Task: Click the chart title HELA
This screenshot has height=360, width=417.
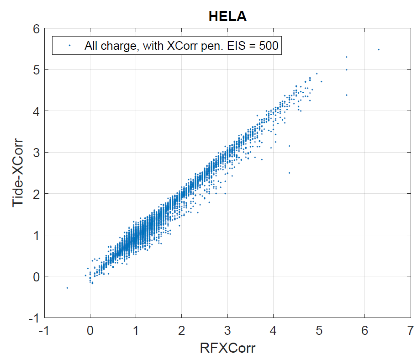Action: coord(227,16)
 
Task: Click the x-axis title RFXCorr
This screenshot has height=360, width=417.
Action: coord(227,348)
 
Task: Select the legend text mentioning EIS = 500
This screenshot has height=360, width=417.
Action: coord(181,45)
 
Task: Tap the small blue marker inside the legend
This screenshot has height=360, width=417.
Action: coord(69,45)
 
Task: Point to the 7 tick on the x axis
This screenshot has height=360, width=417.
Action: coord(410,330)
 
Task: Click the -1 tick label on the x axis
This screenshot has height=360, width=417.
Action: coord(44,330)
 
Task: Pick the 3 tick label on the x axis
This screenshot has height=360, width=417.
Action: coord(227,330)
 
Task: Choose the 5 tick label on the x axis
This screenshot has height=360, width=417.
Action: coord(319,330)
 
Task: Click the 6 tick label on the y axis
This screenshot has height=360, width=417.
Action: coord(36,29)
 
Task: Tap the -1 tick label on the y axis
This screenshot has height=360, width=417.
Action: coord(33,318)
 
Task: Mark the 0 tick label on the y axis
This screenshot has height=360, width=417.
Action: coord(36,276)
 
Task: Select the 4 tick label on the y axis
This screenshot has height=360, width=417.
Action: coord(36,111)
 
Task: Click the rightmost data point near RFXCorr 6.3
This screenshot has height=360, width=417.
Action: coord(379,49)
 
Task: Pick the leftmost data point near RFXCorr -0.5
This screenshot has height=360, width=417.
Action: coord(67,288)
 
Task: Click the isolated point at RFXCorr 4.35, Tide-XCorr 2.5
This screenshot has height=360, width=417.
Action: coord(289,173)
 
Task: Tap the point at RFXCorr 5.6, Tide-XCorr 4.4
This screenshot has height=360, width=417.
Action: coord(347,95)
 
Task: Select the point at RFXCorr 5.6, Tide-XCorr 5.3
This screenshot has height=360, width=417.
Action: coord(347,57)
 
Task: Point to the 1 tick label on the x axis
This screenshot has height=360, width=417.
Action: coord(136,330)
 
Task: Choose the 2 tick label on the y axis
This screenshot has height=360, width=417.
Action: coord(36,194)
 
